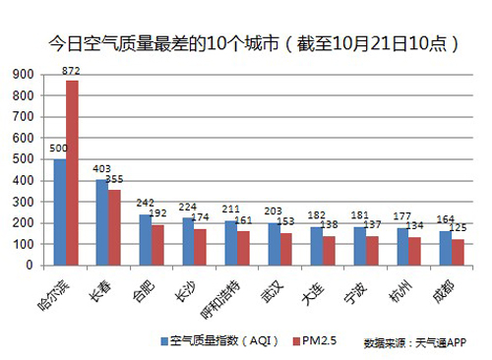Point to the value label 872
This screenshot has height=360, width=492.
72,71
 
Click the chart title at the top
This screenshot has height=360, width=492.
246,44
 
